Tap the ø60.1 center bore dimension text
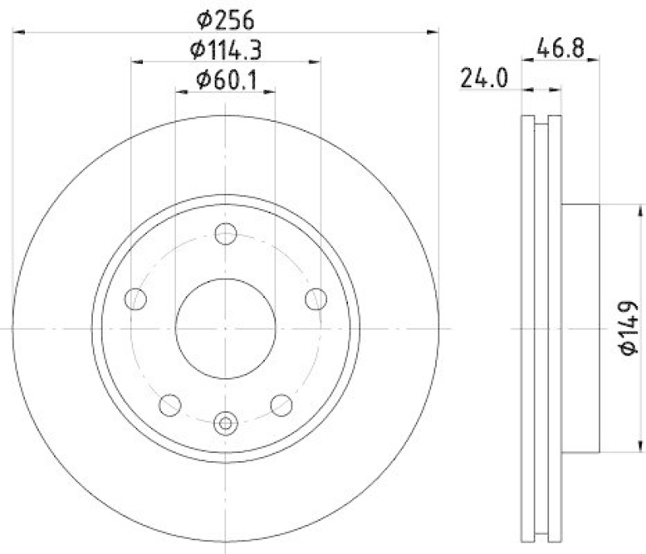click(226, 79)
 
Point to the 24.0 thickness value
click(483, 79)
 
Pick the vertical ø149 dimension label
click(630, 329)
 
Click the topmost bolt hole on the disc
click(226, 235)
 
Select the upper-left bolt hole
click(137, 298)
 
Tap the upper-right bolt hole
click(316, 298)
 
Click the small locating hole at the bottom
click(226, 422)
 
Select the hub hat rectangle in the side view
click(581, 329)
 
